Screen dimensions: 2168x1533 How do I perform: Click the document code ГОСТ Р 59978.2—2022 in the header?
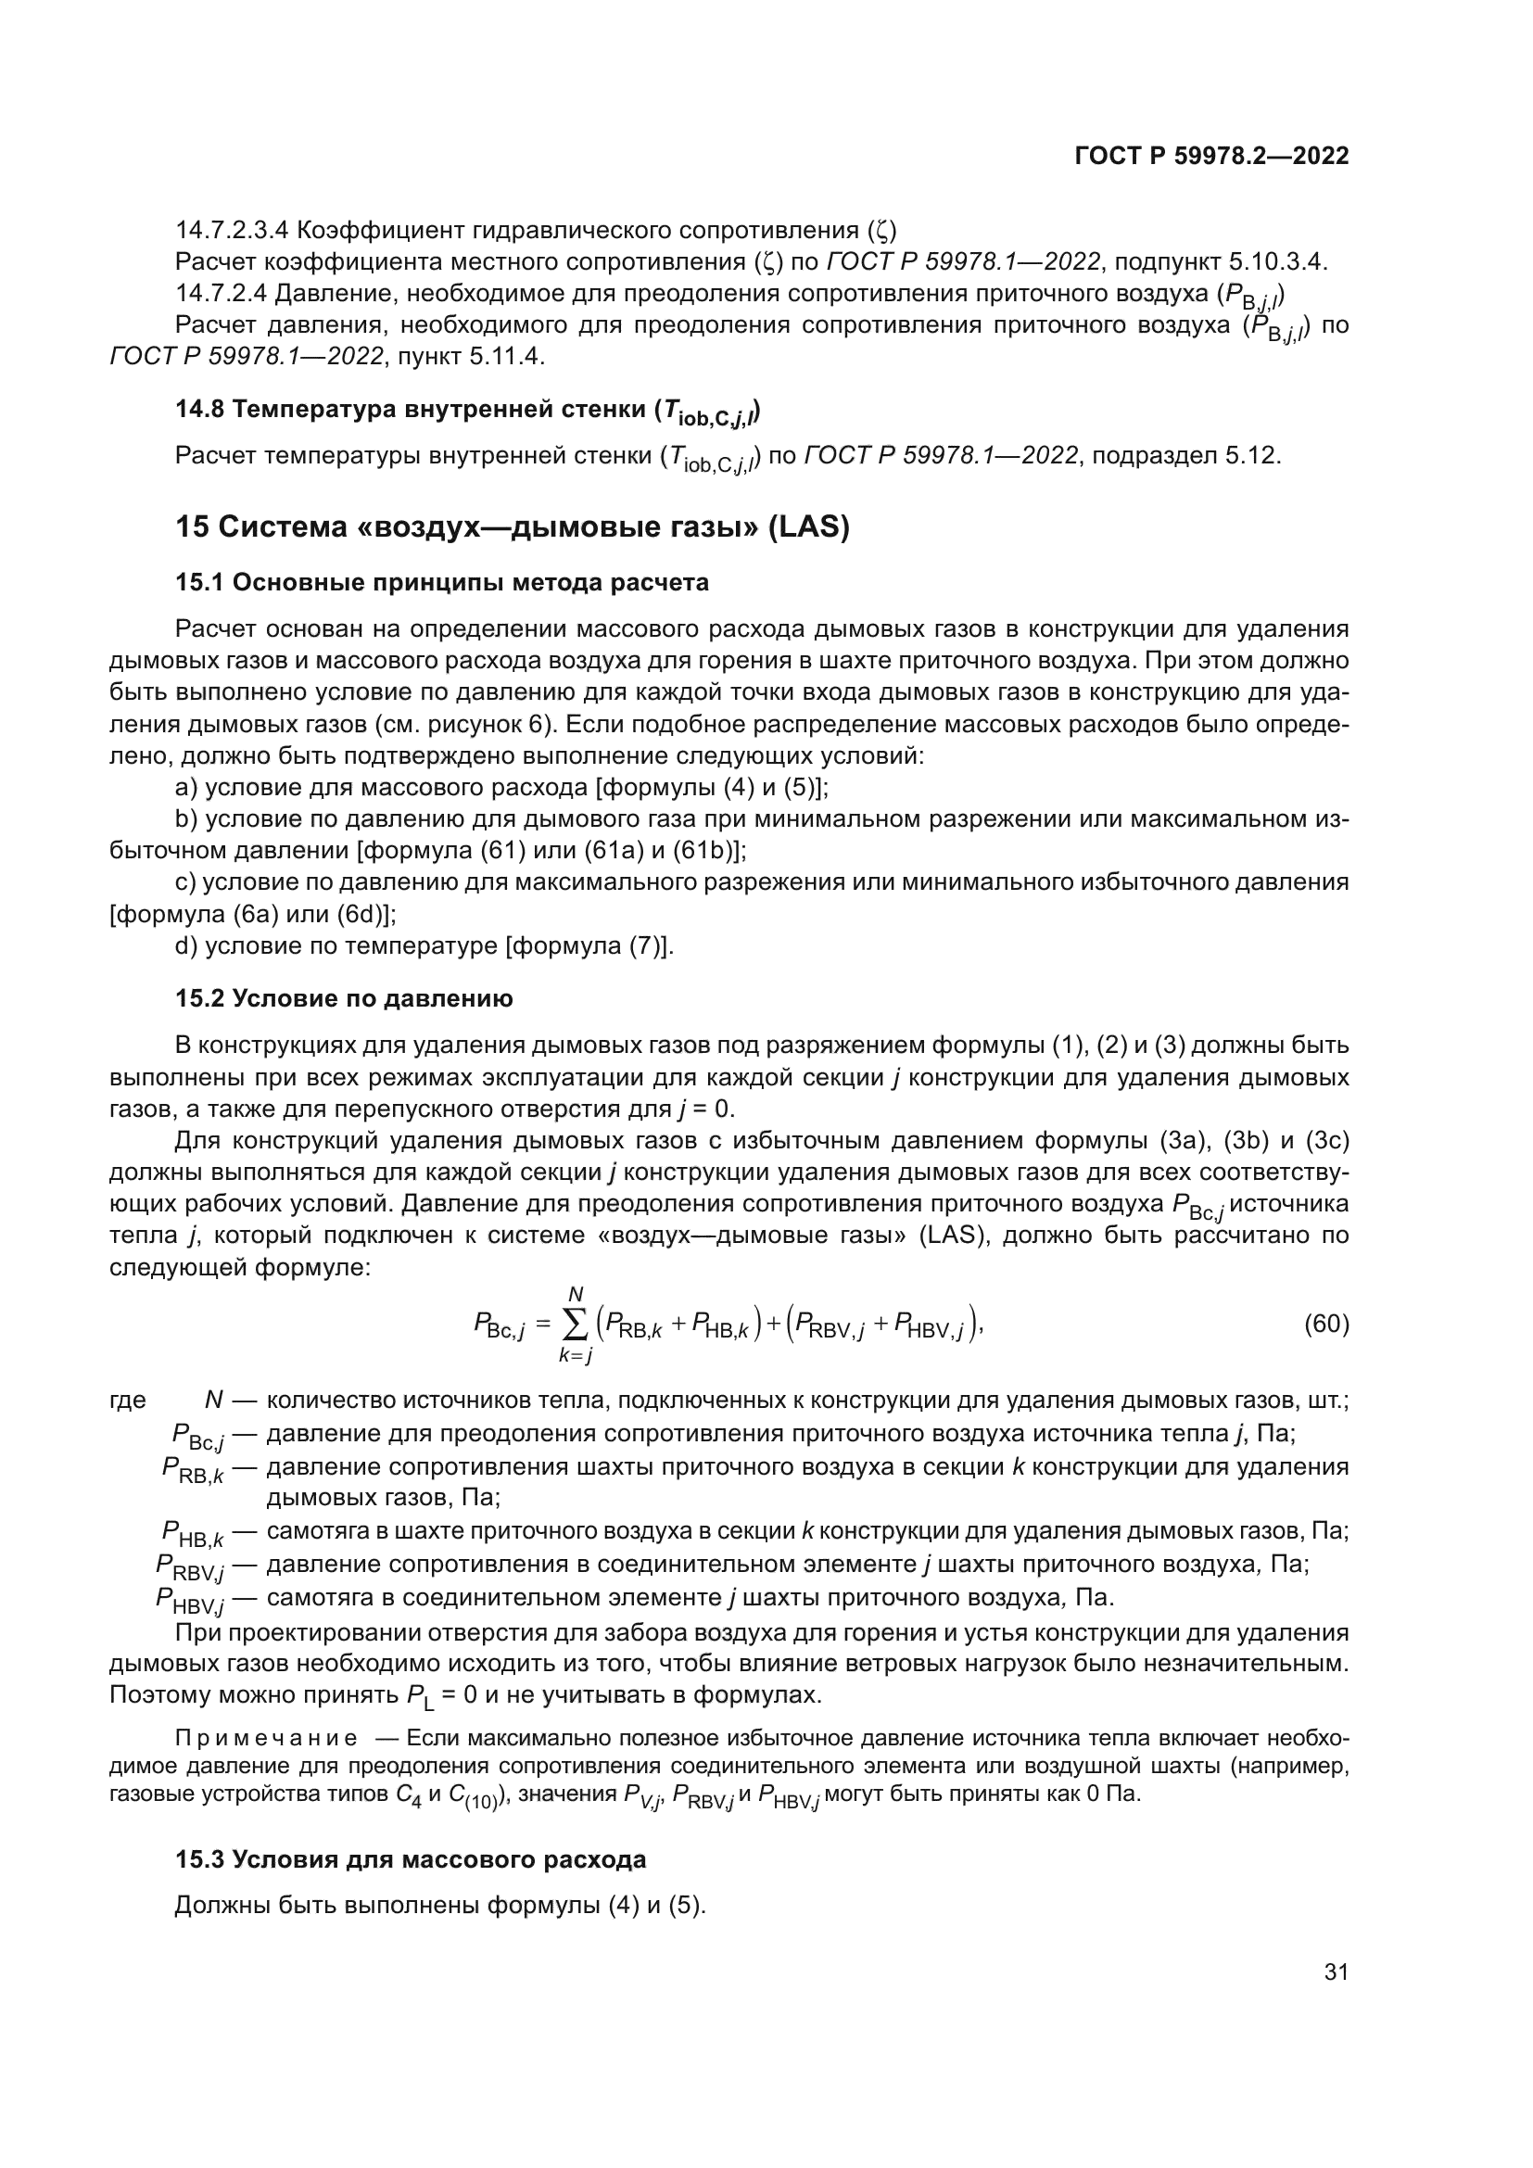coord(1211,156)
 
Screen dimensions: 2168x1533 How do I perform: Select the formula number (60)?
coord(1326,1324)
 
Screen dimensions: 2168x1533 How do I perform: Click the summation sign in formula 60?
coord(575,1325)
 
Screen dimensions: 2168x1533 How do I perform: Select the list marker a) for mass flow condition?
coord(187,787)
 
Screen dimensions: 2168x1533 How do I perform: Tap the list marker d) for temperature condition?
coord(187,945)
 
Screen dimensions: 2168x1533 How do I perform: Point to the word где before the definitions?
coord(127,1400)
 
